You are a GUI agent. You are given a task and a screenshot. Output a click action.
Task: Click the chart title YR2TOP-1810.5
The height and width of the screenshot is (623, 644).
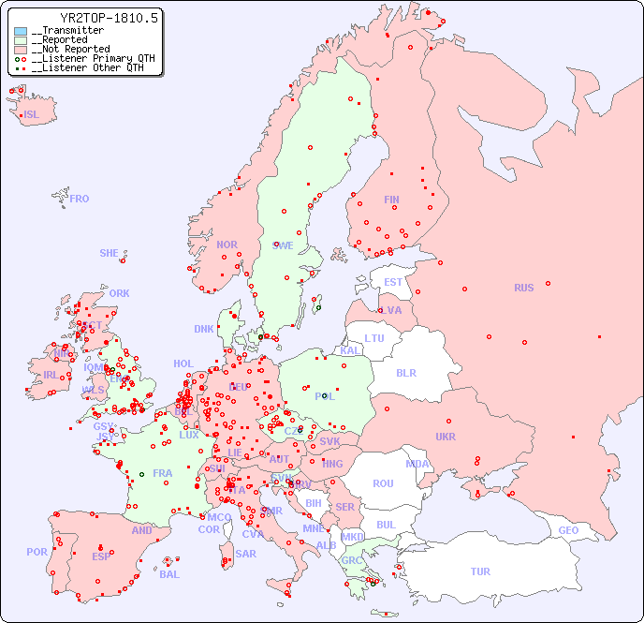110,17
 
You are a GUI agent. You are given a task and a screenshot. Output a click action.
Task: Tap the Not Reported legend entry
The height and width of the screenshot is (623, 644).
70,49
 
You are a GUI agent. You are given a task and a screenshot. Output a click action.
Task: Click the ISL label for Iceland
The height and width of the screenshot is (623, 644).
32,115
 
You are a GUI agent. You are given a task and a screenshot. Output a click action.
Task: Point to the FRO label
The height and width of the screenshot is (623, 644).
80,199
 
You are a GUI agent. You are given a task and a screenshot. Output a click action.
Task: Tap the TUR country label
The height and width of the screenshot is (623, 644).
480,571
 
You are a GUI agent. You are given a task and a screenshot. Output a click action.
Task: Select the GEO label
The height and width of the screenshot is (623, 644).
568,530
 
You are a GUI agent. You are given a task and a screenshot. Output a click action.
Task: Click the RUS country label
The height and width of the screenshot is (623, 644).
523,288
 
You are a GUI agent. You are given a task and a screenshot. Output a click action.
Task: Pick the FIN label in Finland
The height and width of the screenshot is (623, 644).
391,200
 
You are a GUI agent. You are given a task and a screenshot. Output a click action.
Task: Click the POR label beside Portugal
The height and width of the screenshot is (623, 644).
37,552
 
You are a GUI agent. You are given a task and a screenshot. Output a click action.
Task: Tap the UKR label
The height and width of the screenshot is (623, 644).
446,437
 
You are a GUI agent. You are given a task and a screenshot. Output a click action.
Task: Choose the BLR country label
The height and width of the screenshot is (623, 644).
405,372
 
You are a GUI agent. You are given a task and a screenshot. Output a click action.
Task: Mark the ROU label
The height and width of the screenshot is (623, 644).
383,483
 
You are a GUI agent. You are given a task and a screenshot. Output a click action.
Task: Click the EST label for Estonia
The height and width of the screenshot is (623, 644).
393,282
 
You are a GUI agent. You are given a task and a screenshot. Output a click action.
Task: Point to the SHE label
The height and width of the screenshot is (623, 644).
110,253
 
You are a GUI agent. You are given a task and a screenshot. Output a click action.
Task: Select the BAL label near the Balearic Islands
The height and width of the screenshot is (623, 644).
169,574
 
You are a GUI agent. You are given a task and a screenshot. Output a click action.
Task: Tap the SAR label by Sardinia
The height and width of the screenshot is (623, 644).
245,554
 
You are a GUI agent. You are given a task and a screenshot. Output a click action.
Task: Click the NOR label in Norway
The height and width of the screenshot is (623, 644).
227,245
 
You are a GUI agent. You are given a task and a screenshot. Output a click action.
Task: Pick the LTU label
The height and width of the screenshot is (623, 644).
374,338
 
